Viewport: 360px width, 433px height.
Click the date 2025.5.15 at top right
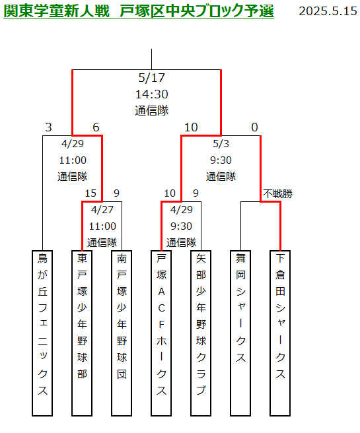(328, 11)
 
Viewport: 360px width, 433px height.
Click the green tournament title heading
(139, 11)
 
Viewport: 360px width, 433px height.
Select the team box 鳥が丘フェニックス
(42, 333)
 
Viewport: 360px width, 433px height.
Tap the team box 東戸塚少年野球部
(82, 333)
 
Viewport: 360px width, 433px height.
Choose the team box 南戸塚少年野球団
(122, 333)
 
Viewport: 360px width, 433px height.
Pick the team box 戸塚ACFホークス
(161, 333)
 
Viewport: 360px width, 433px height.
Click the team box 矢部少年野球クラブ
(201, 333)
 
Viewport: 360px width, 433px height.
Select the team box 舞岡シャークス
(240, 333)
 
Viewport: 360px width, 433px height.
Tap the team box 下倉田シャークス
(280, 333)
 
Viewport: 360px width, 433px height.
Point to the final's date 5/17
(152, 78)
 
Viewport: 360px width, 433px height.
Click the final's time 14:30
(152, 94)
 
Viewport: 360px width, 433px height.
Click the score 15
(90, 193)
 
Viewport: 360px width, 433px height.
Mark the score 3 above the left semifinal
(49, 127)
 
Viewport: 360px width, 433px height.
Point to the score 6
(96, 127)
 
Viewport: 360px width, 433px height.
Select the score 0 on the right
(254, 127)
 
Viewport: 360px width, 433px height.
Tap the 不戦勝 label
(277, 193)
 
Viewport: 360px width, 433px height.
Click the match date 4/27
(102, 210)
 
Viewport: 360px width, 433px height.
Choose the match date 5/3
(221, 144)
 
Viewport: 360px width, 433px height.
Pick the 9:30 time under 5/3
(221, 160)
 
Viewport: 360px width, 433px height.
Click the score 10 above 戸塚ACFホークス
(170, 193)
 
